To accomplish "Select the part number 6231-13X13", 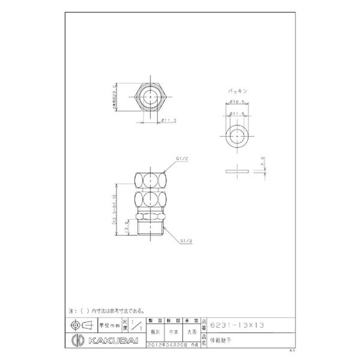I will click(235, 324).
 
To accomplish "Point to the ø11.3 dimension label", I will click(168, 120).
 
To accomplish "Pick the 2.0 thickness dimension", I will click(262, 160).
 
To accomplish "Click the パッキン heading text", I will click(236, 90).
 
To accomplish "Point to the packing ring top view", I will click(236, 136).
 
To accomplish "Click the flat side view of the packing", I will click(237, 171).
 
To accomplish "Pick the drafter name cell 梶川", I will click(154, 332).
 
